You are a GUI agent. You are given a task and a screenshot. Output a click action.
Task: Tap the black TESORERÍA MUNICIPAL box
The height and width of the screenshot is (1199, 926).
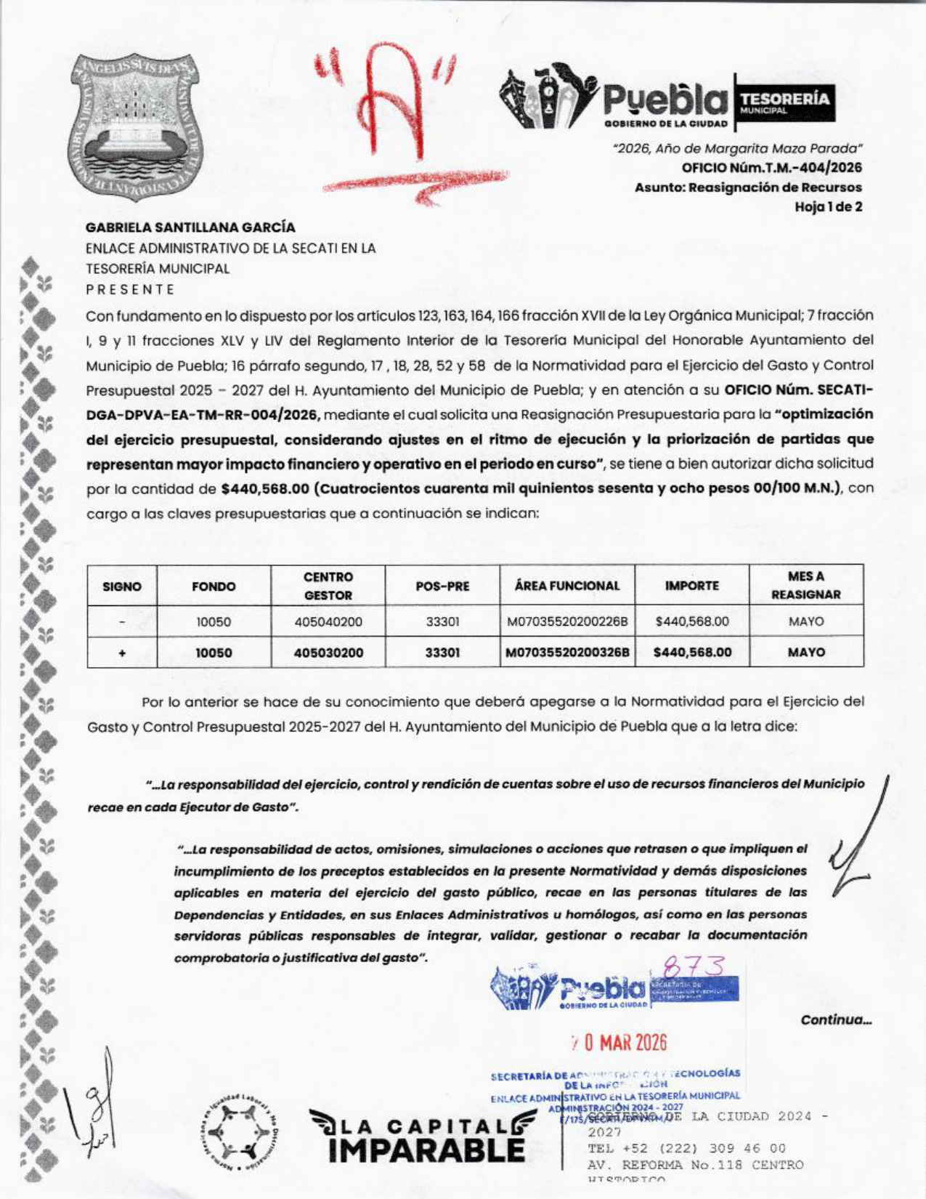[784, 97]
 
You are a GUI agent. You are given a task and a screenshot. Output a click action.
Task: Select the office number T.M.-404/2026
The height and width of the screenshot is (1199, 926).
[771, 167]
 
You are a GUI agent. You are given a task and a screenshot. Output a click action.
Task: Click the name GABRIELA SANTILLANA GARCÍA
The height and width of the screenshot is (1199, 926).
[190, 227]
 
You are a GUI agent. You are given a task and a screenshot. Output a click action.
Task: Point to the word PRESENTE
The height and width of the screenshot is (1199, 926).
[130, 289]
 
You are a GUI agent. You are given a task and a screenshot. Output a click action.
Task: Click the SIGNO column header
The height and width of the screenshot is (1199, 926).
[122, 586]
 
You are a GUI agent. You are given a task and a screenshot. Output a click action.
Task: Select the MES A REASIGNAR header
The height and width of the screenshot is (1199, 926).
[805, 586]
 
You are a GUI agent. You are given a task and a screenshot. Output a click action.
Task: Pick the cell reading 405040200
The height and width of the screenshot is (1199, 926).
[328, 622]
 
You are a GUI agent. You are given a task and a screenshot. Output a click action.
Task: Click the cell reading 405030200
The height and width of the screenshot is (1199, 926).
[328, 653]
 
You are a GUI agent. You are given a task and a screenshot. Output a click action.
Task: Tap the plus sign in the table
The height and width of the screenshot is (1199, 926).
[122, 653]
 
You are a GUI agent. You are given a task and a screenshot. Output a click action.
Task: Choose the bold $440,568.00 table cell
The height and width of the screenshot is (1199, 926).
[692, 653]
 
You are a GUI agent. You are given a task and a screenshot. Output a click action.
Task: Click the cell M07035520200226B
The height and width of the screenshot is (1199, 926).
[567, 622]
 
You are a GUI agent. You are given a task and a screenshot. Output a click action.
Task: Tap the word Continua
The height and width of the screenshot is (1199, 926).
[835, 1020]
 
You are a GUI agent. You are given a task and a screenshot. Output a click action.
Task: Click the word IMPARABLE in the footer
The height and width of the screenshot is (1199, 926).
[426, 1150]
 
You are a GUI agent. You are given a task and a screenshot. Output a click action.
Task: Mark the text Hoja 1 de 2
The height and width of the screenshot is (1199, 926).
[828, 206]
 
